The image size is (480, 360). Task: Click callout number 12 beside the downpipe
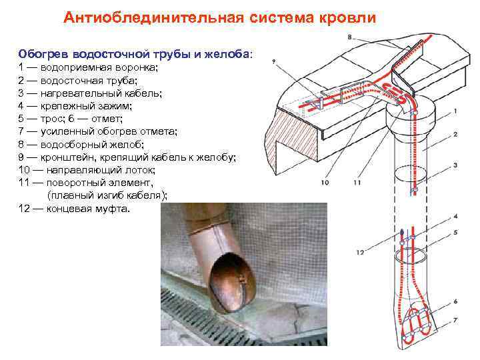click(x=360, y=252)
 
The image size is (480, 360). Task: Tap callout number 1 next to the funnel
click(x=455, y=111)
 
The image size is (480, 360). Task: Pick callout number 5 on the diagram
click(x=455, y=231)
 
